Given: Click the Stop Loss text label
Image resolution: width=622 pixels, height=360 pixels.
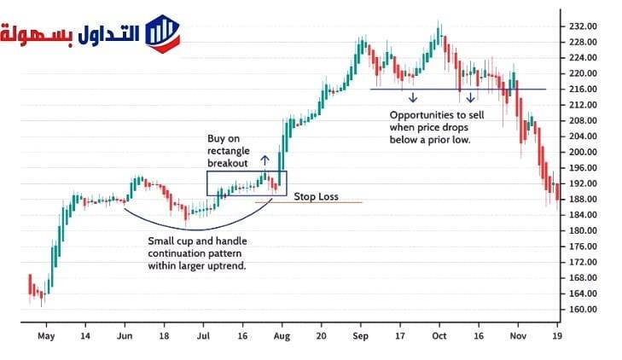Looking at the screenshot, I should point(316,196).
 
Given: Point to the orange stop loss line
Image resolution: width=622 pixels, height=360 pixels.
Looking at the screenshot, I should point(341,202).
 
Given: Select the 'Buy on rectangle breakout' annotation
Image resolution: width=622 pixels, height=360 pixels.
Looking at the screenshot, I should point(229,151).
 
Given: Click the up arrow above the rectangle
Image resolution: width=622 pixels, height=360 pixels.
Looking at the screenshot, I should point(264,159).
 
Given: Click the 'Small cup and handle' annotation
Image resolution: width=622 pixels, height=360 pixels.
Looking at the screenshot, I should point(197,254).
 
